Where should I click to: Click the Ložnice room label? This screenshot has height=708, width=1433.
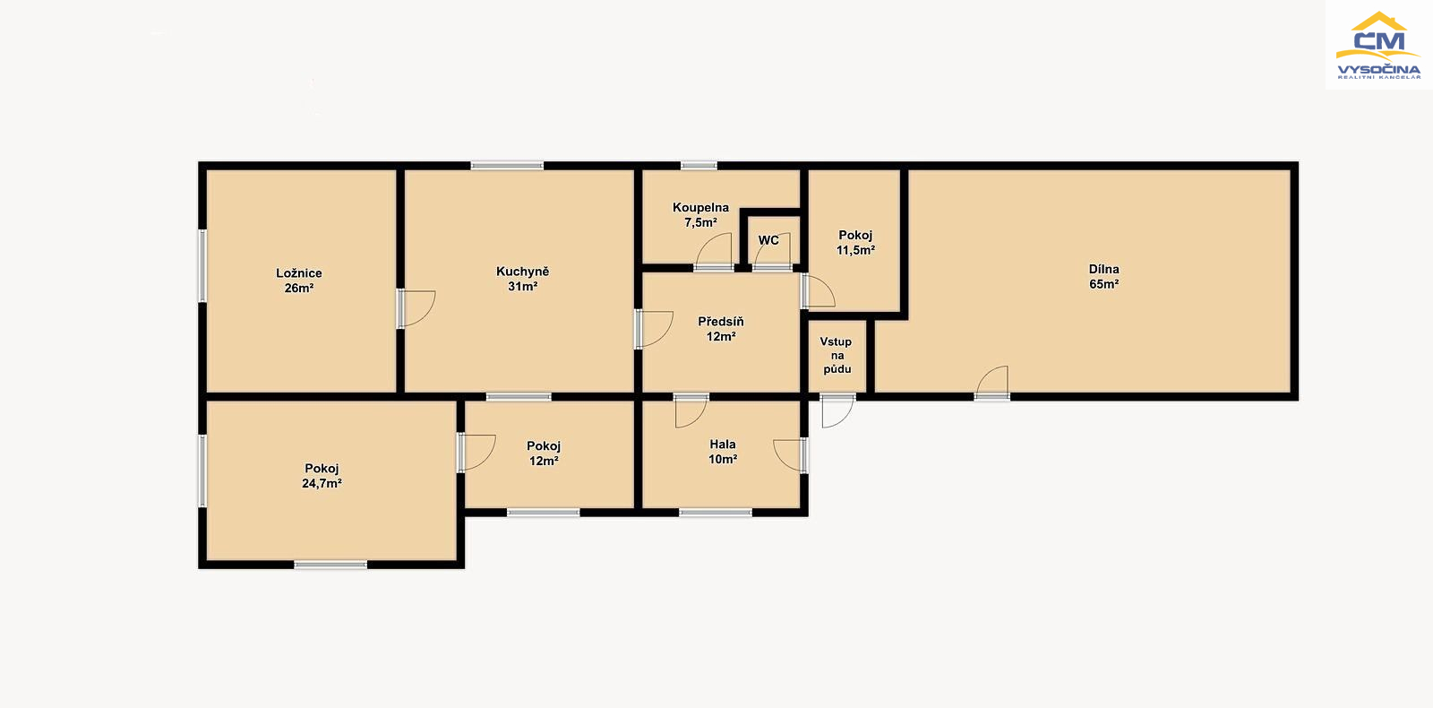click(x=299, y=273)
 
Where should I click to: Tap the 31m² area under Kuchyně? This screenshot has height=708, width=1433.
click(x=523, y=287)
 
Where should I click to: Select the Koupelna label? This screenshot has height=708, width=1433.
click(x=700, y=208)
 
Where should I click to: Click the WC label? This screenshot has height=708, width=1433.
click(x=768, y=241)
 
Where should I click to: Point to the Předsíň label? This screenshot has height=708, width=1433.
click(x=720, y=322)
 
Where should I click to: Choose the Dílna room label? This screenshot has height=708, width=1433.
click(x=1104, y=270)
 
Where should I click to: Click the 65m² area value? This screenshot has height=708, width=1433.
click(x=1104, y=284)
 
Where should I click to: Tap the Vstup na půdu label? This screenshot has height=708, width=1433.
click(x=837, y=355)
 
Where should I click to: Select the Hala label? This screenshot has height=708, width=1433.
click(x=722, y=445)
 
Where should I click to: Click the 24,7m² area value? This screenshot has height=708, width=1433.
click(x=322, y=483)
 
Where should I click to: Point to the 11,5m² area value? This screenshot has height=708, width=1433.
click(x=855, y=250)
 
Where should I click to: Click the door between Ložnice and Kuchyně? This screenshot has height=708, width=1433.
click(x=416, y=308)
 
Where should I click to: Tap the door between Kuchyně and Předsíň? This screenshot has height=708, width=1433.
click(x=654, y=329)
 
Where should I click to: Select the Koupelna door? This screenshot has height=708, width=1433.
click(x=713, y=252)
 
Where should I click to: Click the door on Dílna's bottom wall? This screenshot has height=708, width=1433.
click(x=991, y=383)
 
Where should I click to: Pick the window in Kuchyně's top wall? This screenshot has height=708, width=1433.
click(x=507, y=166)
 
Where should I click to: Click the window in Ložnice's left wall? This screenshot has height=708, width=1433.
click(x=202, y=265)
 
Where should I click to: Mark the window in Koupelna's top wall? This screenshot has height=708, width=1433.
click(x=699, y=166)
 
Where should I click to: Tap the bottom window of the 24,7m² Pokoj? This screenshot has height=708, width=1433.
click(x=330, y=565)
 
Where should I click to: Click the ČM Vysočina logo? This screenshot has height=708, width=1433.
click(x=1378, y=45)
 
